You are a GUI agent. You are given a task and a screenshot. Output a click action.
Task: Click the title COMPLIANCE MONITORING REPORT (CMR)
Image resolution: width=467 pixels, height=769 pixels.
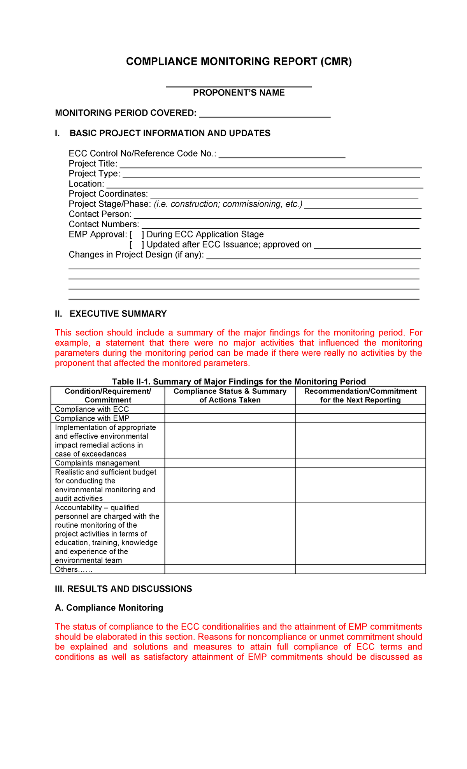(239, 61)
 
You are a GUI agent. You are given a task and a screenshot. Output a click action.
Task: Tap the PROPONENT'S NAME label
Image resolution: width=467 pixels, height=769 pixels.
(239, 93)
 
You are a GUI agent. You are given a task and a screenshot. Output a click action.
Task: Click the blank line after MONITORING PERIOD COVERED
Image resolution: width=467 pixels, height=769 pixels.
(265, 114)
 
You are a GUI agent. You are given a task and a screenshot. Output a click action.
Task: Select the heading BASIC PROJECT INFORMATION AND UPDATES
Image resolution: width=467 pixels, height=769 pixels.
(170, 133)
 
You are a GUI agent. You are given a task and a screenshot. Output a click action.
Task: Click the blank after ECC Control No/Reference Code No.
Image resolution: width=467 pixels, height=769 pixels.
(282, 154)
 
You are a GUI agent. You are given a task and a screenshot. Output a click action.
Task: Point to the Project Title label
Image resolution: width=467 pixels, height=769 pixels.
(93, 163)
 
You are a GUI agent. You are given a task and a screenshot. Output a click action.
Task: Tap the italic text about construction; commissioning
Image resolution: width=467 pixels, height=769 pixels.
(228, 204)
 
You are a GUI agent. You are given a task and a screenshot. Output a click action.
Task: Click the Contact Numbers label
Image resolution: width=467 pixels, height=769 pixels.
(104, 224)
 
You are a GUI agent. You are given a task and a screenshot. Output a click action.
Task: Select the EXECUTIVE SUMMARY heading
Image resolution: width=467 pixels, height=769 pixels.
(118, 314)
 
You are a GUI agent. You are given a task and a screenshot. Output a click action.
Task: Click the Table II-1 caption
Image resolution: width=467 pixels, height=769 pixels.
(239, 381)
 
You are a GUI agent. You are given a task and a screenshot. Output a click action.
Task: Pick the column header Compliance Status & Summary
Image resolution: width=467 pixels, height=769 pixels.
(230, 395)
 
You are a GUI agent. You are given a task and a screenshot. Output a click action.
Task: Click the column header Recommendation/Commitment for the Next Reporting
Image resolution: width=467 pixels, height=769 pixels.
(360, 395)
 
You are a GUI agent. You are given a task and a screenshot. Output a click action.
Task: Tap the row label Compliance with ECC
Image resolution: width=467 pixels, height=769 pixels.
(92, 409)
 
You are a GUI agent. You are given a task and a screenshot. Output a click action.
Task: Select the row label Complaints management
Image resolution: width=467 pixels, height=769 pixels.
(97, 463)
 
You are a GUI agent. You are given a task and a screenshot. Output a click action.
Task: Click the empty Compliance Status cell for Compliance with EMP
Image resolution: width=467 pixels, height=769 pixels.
(230, 418)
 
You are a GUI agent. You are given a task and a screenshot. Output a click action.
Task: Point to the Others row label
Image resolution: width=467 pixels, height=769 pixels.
(73, 569)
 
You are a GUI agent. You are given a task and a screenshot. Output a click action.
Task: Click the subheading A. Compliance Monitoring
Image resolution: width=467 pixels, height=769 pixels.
(109, 608)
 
